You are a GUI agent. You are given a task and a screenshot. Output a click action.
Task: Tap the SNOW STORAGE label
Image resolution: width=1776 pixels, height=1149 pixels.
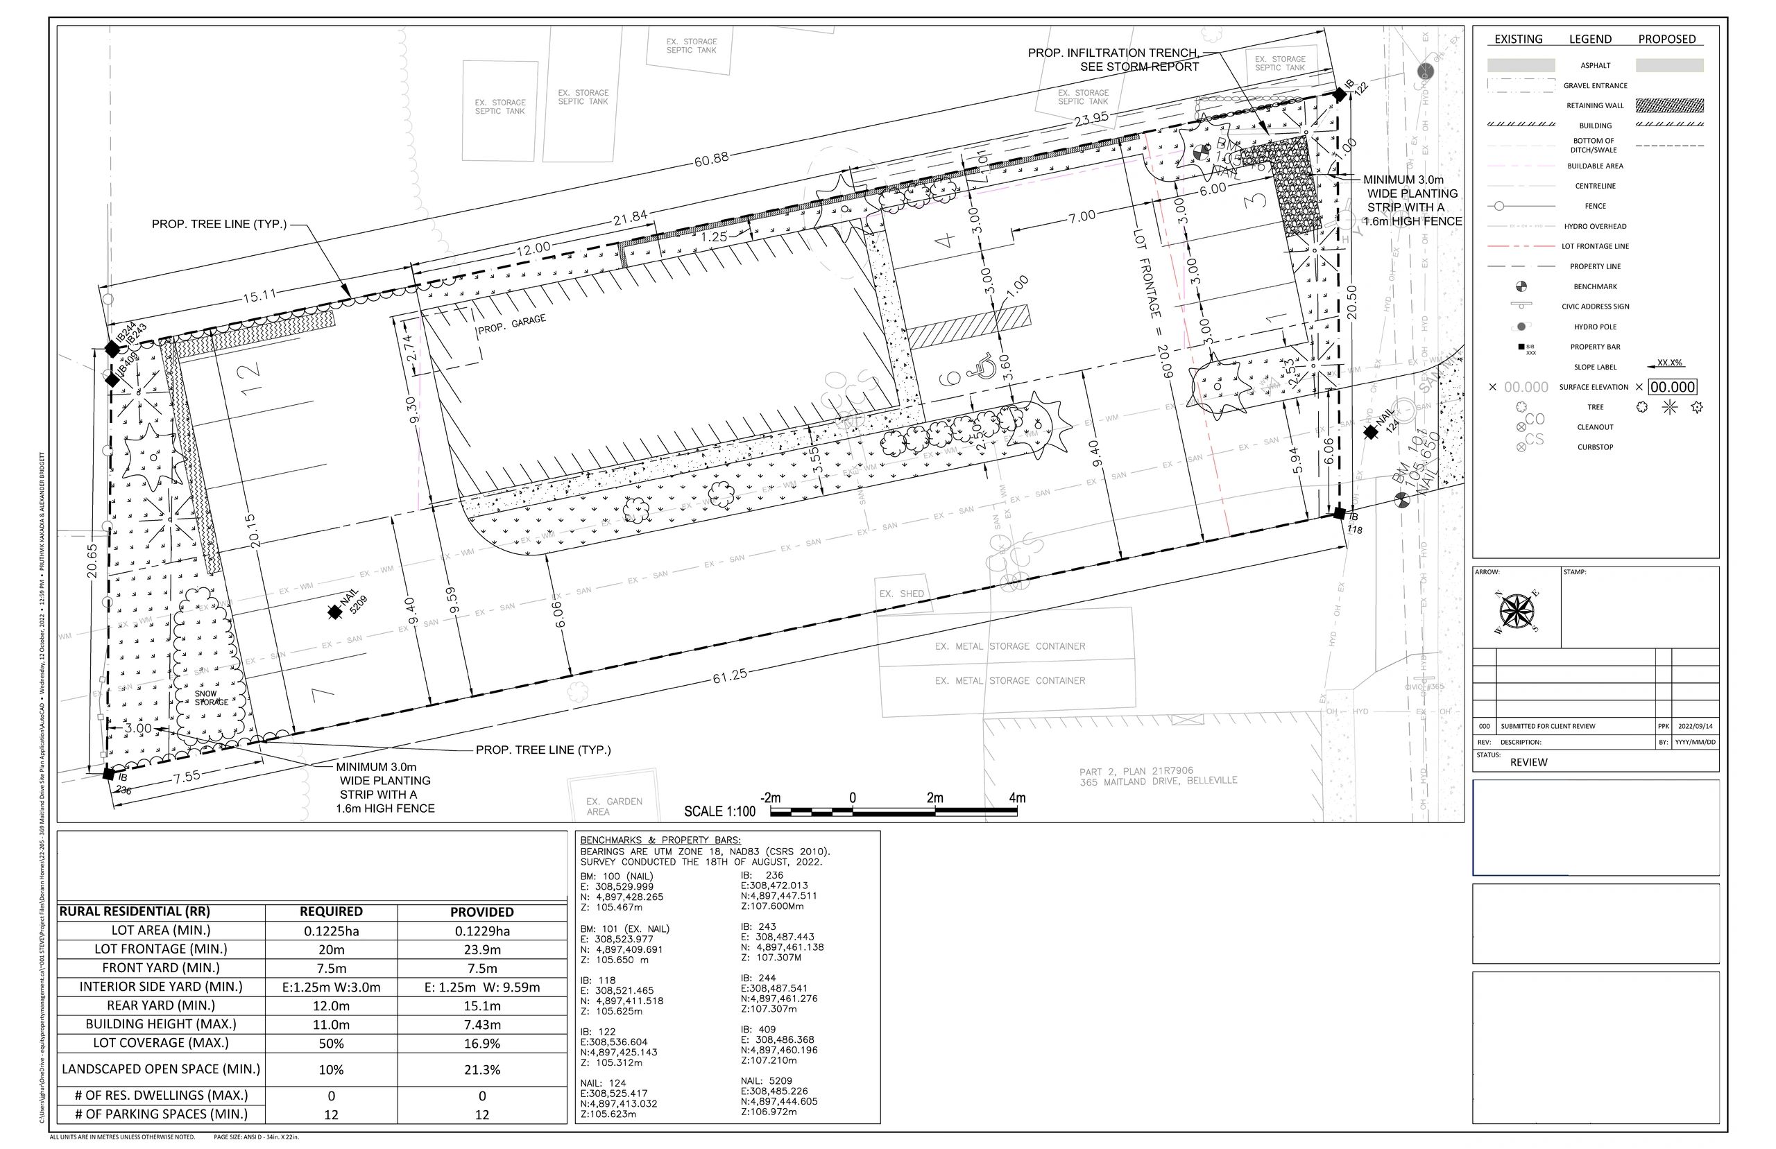(211, 698)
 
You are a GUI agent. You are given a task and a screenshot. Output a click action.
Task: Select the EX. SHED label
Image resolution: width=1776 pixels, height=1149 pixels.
(901, 594)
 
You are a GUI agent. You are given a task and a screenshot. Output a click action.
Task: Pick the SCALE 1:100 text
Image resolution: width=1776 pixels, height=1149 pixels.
(719, 811)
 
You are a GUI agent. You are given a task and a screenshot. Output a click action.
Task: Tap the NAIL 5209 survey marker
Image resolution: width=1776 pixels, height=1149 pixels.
(335, 612)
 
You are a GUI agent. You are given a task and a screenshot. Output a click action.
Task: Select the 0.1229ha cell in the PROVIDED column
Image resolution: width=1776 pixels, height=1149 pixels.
(482, 931)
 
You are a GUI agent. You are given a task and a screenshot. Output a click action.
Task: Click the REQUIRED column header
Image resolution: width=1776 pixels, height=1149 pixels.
(332, 911)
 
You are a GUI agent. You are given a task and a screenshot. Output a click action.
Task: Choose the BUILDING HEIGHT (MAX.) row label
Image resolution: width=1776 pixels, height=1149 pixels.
(160, 1023)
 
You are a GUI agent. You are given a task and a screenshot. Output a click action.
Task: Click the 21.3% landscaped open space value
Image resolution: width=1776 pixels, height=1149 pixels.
(482, 1069)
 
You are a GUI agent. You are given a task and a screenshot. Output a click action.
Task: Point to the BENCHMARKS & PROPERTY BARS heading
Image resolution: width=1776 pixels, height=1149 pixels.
(660, 840)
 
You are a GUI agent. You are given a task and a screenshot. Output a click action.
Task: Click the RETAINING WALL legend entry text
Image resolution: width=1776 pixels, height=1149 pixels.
(1595, 105)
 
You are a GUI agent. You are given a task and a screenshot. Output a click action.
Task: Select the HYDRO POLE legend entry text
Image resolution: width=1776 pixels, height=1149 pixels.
(1595, 327)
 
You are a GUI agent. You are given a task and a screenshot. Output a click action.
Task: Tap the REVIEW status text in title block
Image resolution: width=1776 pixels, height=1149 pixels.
(1528, 762)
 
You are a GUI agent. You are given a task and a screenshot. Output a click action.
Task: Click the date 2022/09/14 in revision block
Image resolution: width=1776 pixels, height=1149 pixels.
(1696, 726)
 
